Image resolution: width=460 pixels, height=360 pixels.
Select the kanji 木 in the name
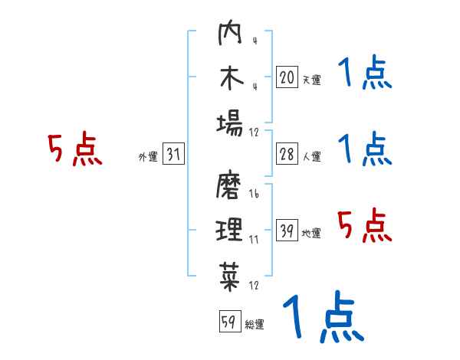(x=230, y=80)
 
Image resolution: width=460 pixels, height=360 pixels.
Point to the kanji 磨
(x=230, y=187)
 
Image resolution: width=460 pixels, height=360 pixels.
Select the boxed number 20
(x=286, y=77)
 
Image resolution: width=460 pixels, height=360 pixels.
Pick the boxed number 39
(x=286, y=231)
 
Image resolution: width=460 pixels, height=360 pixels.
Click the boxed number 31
(x=173, y=155)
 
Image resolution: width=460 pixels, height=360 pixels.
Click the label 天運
(x=311, y=79)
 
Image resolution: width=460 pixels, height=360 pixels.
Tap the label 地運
(x=311, y=234)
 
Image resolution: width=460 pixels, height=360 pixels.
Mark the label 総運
(x=255, y=324)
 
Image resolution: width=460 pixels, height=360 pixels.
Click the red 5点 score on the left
(x=75, y=149)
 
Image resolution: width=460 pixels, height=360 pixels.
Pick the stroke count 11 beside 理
(x=254, y=239)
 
